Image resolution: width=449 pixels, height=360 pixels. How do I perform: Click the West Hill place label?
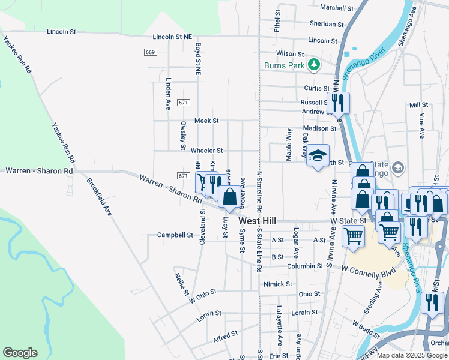(x=257, y=221)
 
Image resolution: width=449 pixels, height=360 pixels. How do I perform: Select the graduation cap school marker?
(x=318, y=155)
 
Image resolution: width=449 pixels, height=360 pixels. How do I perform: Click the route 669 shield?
(x=151, y=53)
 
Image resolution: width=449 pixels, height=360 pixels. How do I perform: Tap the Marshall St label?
(x=336, y=8)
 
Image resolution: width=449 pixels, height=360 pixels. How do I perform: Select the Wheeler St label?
(x=206, y=150)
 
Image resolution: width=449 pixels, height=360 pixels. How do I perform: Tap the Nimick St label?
(x=277, y=284)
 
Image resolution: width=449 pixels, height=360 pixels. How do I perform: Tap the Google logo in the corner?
(x=20, y=353)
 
